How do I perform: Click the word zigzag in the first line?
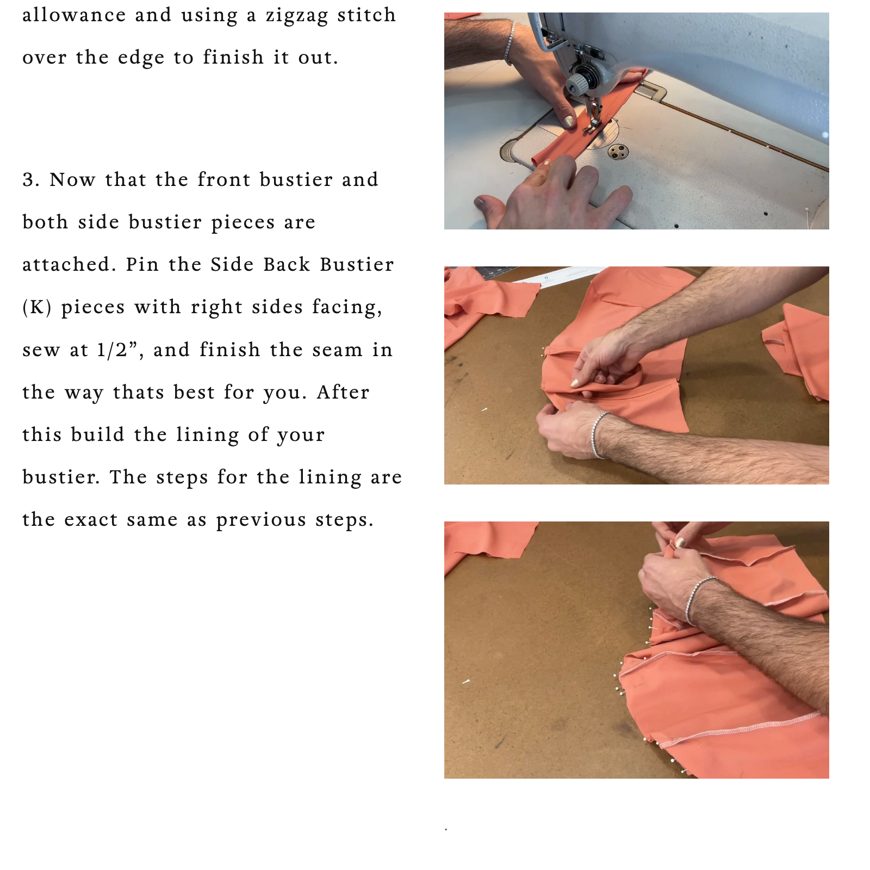[x=297, y=16]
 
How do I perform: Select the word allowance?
[x=74, y=15]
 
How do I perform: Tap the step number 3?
[x=30, y=180]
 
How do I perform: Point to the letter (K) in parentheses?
[x=37, y=308]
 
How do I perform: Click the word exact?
[x=91, y=520]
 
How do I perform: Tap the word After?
[x=343, y=392]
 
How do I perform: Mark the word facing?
[x=347, y=308]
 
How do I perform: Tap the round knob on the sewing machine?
[x=576, y=84]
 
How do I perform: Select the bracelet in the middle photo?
[x=597, y=434]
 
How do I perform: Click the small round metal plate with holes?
[x=618, y=152]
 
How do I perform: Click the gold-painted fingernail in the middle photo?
[x=574, y=383]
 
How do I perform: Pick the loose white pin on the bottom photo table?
[x=466, y=681]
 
